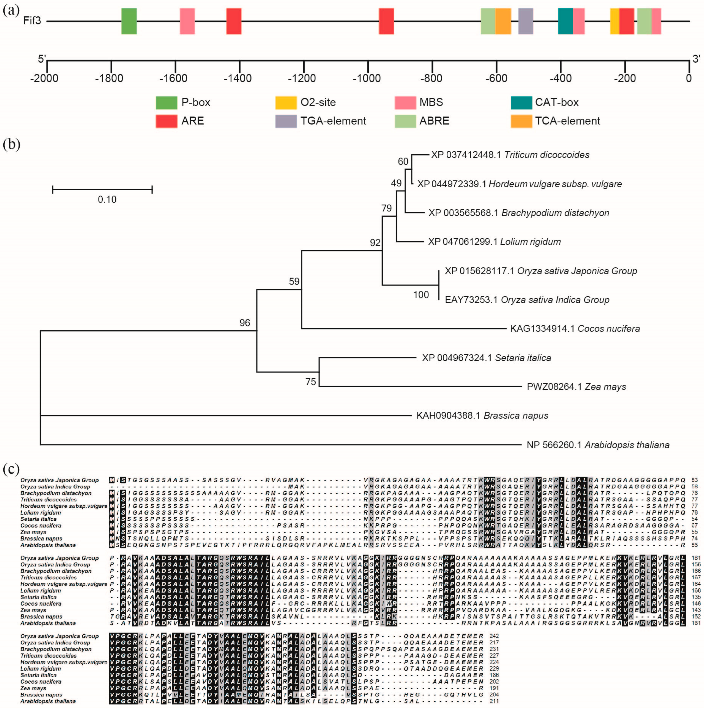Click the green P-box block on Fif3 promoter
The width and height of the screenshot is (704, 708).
pyautogui.click(x=129, y=21)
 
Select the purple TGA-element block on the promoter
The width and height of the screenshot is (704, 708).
pyautogui.click(x=526, y=21)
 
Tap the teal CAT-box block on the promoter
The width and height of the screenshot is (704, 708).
pyautogui.click(x=565, y=21)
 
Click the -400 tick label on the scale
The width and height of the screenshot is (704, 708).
pyautogui.click(x=560, y=78)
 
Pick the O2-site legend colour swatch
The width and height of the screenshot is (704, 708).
pyautogui.click(x=286, y=103)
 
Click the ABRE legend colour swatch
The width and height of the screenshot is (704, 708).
pyautogui.click(x=405, y=121)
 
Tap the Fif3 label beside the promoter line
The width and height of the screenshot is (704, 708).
pyautogui.click(x=32, y=21)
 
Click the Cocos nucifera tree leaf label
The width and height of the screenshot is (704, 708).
pyautogui.click(x=575, y=328)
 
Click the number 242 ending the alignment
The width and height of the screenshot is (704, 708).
pyautogui.click(x=494, y=636)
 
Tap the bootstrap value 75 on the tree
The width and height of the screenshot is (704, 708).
pyautogui.click(x=311, y=382)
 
